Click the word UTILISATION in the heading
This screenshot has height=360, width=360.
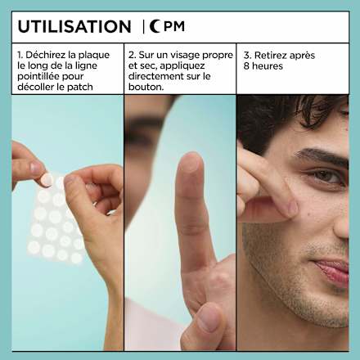[74, 26]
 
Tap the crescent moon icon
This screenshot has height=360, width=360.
[155, 26]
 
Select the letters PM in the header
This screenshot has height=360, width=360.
[174, 26]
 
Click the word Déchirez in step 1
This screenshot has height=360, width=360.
[46, 55]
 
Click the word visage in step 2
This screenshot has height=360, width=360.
[185, 56]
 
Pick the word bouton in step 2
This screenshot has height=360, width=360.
[145, 87]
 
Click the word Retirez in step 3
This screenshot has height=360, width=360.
[271, 56]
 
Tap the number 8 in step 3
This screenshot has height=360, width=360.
[246, 66]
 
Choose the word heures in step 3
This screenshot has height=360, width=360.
[268, 66]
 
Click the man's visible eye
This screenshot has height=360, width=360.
[326, 175]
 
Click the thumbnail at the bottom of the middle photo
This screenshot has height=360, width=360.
[209, 317]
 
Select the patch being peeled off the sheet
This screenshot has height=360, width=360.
[47, 180]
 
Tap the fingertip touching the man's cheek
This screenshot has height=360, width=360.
[292, 208]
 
